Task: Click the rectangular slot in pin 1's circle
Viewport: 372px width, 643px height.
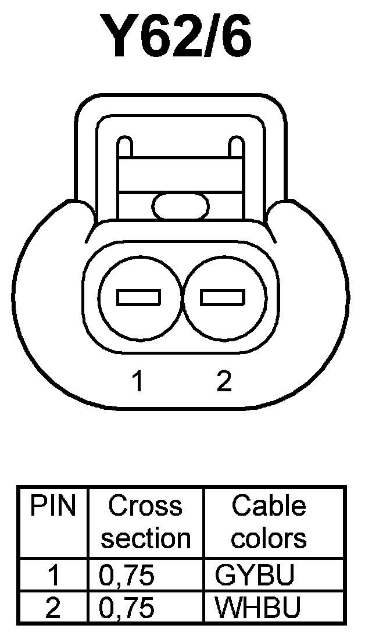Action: point(138,297)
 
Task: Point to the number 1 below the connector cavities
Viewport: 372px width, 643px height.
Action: point(137,381)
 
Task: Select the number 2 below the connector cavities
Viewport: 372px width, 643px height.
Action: point(224,381)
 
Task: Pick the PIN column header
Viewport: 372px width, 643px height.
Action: point(53,506)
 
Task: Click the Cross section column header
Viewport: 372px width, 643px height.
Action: point(145,522)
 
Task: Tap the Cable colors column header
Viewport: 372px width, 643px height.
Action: point(269,522)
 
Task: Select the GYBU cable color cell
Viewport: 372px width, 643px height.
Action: point(255,576)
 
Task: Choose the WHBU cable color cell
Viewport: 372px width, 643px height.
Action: point(257,608)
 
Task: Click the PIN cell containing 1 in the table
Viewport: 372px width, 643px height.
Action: point(53,576)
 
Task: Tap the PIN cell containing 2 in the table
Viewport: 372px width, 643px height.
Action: point(53,608)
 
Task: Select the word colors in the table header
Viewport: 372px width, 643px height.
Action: point(269,538)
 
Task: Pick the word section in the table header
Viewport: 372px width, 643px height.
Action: point(145,538)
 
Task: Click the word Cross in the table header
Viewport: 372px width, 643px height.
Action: point(145,506)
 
